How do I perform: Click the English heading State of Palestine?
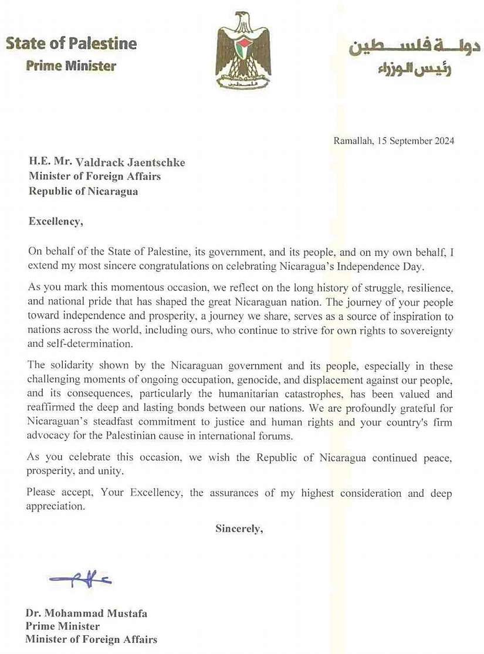[71, 44]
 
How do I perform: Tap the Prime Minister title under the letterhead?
[71, 66]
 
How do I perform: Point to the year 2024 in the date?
[443, 141]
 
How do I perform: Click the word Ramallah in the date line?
[351, 141]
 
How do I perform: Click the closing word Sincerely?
[239, 528]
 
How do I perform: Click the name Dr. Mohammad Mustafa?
[86, 614]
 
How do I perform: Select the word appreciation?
[56, 505]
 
